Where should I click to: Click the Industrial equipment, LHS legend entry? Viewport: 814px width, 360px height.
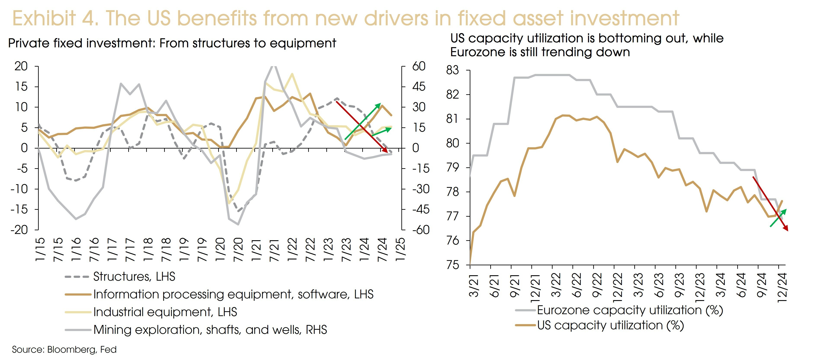(x=165, y=312)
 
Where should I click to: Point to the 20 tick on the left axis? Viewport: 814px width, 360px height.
(x=21, y=66)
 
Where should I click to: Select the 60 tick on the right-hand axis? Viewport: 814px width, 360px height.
(x=419, y=66)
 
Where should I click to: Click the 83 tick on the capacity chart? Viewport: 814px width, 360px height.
(x=452, y=70)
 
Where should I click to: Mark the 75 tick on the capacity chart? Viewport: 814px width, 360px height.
(x=452, y=265)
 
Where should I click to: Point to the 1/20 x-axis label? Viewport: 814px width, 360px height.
(x=220, y=250)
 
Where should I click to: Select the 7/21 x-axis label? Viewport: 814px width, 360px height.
(x=274, y=250)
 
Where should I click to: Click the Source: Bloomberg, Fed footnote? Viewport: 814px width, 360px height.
(x=64, y=350)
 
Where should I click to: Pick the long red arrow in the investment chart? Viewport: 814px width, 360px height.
(x=362, y=127)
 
